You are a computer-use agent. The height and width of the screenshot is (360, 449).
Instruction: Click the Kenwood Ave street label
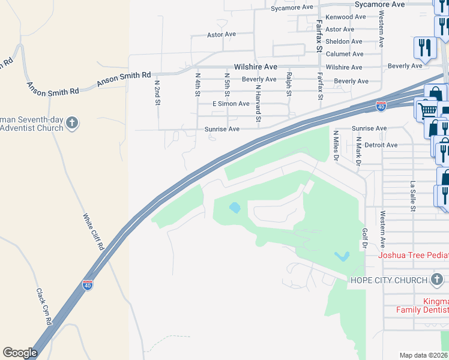point(345,17)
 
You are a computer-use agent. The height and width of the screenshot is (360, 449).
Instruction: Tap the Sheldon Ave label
point(343,41)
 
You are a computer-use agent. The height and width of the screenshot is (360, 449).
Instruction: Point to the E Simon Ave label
point(231,104)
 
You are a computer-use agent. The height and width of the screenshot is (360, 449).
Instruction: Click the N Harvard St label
point(259,104)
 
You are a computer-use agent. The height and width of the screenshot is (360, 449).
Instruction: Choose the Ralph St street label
point(289,85)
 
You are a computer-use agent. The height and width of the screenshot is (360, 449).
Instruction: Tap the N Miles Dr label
point(336,146)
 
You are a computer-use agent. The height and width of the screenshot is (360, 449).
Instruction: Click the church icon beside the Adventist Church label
point(71,124)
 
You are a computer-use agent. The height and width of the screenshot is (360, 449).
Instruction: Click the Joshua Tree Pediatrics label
point(413,255)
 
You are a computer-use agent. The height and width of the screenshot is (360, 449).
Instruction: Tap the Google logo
point(20,353)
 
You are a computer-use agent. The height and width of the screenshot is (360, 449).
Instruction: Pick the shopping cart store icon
point(427,110)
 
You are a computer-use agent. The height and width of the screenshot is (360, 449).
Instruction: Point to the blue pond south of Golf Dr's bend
point(342,256)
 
